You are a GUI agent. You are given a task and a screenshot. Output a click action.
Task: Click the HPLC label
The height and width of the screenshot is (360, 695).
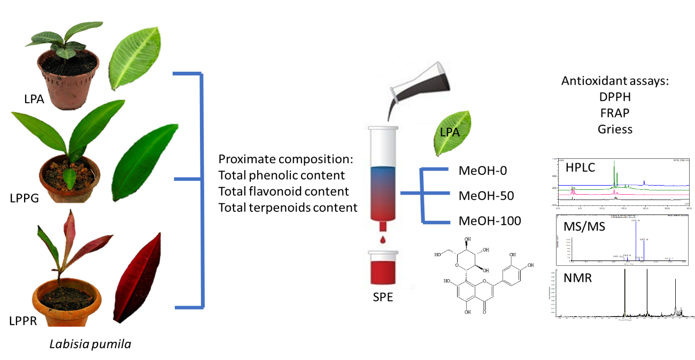(580, 168)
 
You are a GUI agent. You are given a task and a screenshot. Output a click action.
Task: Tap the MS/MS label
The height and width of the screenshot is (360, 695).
(584, 227)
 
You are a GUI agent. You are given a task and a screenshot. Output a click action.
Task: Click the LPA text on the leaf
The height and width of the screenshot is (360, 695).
(450, 132)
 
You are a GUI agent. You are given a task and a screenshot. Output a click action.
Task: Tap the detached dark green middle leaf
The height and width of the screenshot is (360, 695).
(143, 161)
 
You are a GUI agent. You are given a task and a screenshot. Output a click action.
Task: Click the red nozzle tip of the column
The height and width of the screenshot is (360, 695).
(383, 226)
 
